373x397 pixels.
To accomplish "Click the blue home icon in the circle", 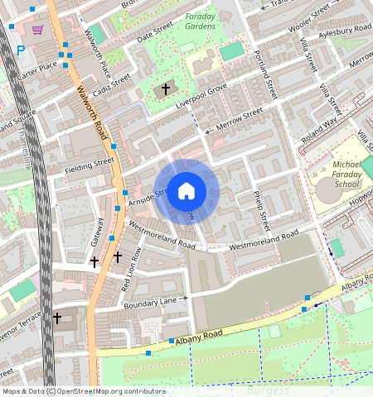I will click(186, 191).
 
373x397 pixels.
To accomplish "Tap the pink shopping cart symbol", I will click(37, 31).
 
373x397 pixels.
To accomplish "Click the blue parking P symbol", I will click(21, 50).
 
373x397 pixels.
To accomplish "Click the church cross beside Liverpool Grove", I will click(165, 88).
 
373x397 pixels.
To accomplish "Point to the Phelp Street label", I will click(260, 211).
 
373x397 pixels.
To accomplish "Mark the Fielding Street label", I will click(89, 166).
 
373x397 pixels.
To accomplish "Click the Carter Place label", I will click(38, 65).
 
